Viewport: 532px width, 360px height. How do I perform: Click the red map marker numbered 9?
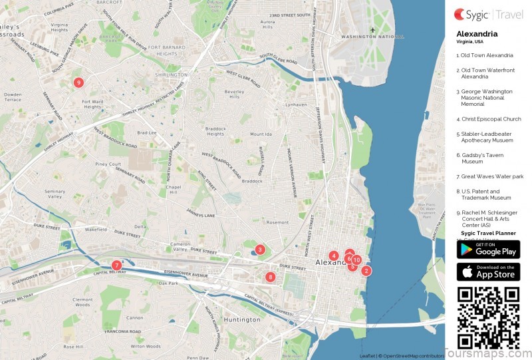point(78,83)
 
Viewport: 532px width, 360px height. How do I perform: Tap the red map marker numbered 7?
point(116,265)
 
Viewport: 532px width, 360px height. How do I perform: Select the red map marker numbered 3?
point(260,250)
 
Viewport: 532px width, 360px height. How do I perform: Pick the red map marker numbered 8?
point(270,277)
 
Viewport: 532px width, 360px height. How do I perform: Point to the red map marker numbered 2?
point(366,270)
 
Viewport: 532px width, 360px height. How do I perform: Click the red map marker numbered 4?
point(333,256)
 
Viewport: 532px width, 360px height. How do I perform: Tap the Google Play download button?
point(488,250)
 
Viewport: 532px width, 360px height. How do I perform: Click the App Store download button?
point(488,272)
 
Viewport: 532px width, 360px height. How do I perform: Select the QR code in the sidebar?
point(488,317)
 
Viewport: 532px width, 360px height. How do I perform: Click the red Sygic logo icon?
point(460,13)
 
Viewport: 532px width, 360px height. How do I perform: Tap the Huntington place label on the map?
point(242,319)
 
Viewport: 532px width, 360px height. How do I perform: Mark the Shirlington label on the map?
point(171,75)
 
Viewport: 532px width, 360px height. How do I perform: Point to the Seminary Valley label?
point(55,194)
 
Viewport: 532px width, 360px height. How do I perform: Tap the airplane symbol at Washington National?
point(374,30)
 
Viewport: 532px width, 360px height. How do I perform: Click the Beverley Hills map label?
point(235,94)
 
